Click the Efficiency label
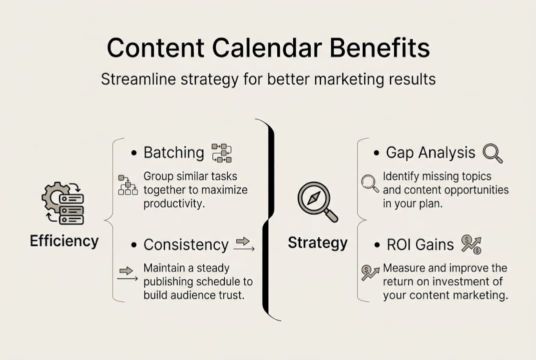tap(64, 241)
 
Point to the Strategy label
tap(318, 243)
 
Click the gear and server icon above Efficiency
tap(63, 203)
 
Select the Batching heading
tap(174, 153)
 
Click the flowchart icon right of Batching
tap(222, 153)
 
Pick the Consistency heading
tap(186, 245)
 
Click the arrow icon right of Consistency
tap(244, 244)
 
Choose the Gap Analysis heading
tap(431, 153)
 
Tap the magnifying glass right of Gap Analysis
tap(493, 153)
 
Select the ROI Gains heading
tap(420, 245)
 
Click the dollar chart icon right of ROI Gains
tap(471, 244)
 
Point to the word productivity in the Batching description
tap(174, 204)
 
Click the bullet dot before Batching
tap(134, 153)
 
